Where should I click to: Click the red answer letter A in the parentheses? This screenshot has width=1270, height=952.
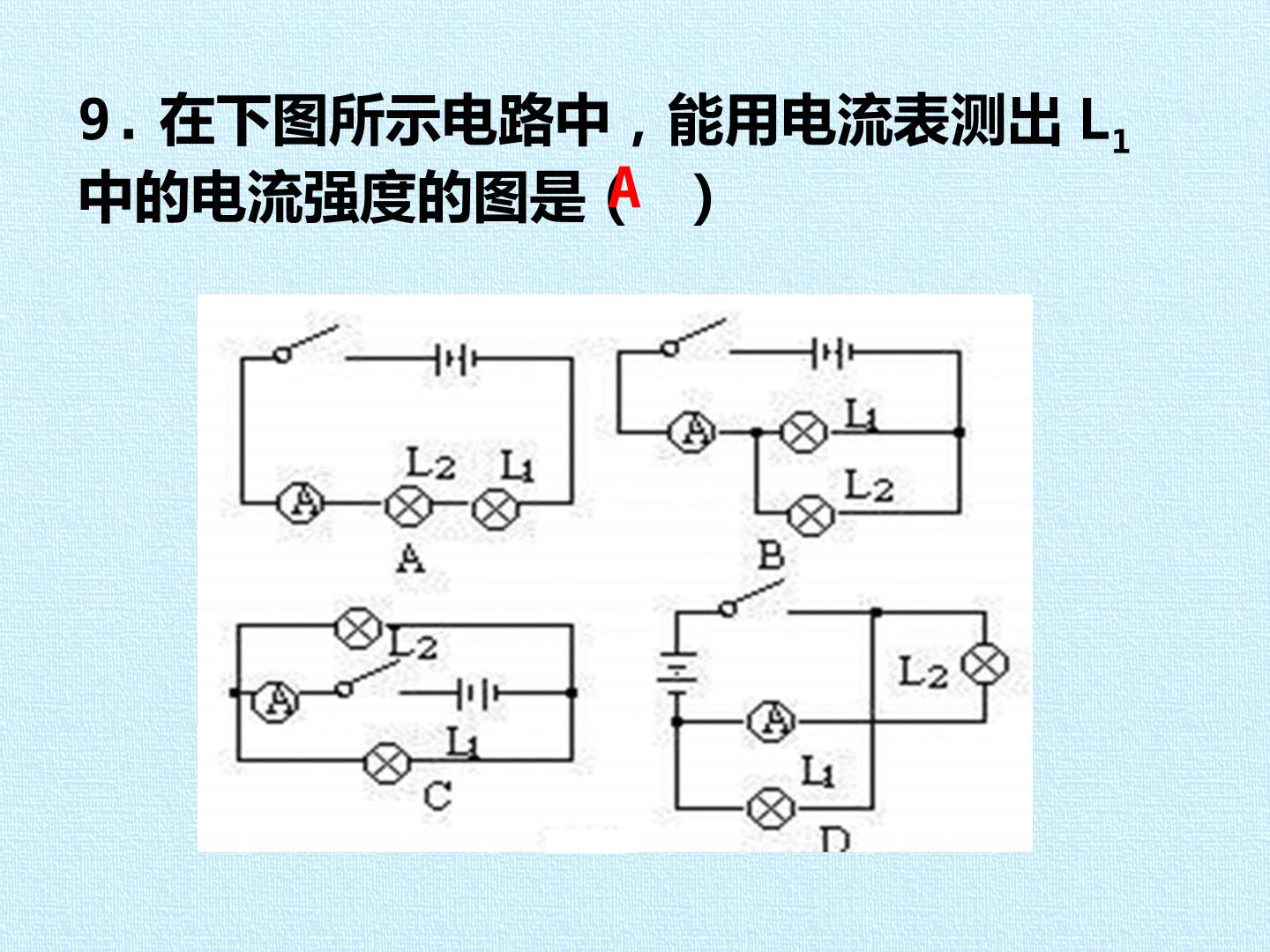tap(625, 187)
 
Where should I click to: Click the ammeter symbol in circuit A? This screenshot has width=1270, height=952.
tap(300, 502)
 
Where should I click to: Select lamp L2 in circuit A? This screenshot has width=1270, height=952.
tap(408, 506)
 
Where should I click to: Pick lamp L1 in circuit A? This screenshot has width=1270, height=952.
tap(496, 509)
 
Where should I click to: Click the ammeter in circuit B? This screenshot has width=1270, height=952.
tap(691, 432)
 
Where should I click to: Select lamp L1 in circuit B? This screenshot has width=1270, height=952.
tap(803, 432)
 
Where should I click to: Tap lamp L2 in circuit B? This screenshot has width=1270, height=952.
tap(811, 516)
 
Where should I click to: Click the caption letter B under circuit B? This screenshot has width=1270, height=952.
tap(771, 555)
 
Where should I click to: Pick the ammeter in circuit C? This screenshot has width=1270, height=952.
tap(275, 702)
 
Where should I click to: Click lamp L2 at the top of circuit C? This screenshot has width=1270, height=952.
tap(359, 629)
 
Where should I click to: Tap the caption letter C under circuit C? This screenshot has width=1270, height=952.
tap(437, 797)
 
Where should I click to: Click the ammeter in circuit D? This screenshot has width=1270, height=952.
tap(771, 721)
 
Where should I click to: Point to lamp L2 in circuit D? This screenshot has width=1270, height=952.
tap(985, 665)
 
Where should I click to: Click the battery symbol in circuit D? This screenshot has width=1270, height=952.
tap(677, 673)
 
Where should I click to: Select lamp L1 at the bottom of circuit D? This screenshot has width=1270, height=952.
tap(771, 808)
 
